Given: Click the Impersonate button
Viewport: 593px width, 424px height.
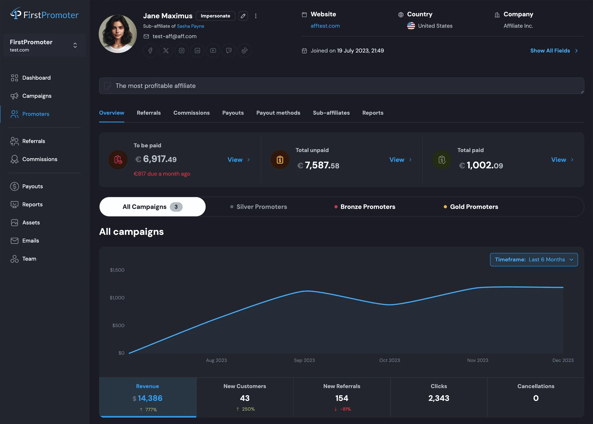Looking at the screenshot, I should pos(215,16).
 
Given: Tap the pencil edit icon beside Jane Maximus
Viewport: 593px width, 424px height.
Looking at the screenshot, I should pos(243,16).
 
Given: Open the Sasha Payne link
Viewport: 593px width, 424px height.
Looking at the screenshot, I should pos(191,26).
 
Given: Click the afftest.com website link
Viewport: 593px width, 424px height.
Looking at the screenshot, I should pos(325,26).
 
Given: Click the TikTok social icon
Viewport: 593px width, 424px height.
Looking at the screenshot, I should pos(244,51).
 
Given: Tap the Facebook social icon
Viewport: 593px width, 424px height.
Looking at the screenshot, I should pos(150,51).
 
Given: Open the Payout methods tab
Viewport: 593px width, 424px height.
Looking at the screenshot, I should pos(278,113).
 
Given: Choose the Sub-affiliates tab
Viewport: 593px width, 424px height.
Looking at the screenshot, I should pos(331,113).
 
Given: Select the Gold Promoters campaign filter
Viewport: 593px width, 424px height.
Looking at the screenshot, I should pos(474,207).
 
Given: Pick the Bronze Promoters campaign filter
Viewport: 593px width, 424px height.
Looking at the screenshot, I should pos(367,207).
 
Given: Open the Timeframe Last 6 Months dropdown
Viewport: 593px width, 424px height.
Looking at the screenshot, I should pos(534,259).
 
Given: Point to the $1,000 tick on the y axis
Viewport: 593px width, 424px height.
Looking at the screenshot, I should pos(117,298).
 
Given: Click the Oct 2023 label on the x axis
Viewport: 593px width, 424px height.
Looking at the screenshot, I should pos(389,360).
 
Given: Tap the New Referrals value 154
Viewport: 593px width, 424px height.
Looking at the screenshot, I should pos(342,398).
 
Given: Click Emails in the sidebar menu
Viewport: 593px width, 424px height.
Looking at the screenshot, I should pos(30,241).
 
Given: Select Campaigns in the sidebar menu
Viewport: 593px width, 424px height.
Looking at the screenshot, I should pos(37,96).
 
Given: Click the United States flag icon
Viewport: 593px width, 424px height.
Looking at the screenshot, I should pos(411,26).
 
